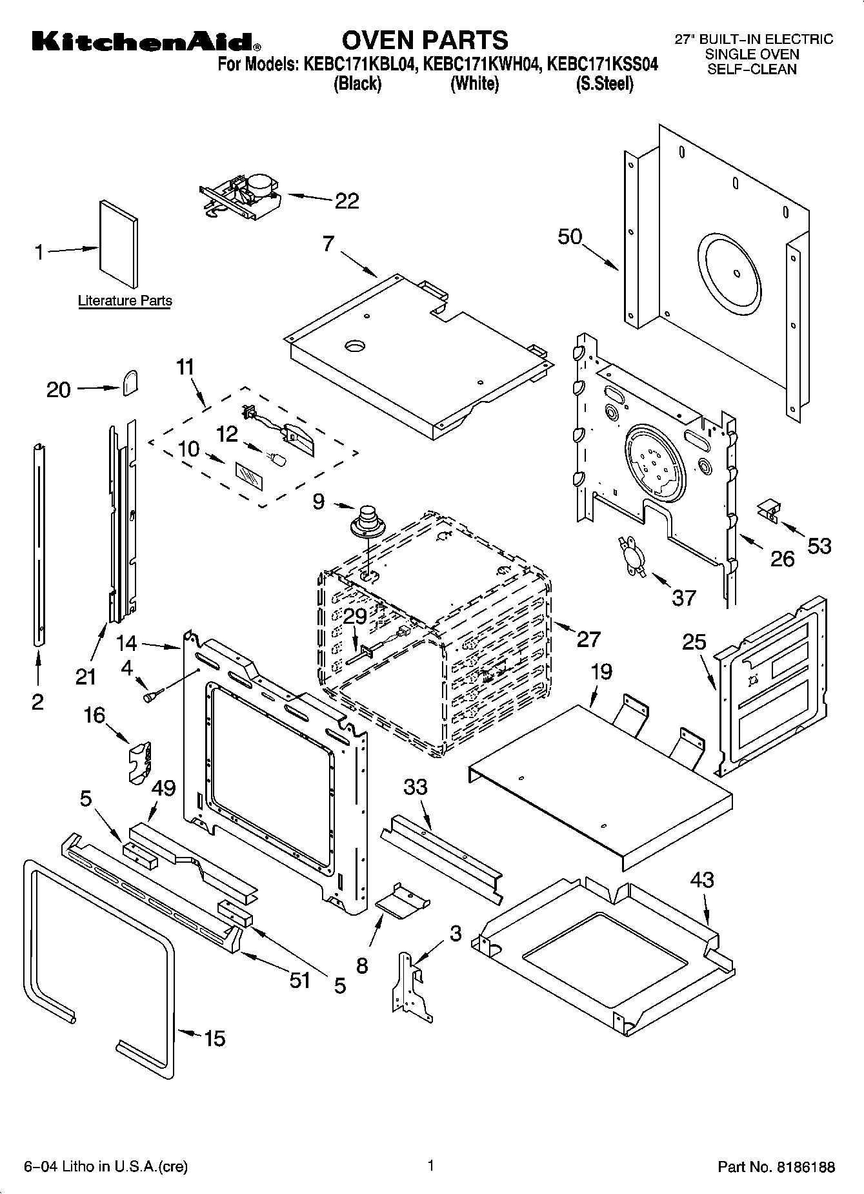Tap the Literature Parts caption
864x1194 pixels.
[x=125, y=301]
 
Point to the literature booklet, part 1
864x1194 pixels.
[x=118, y=243]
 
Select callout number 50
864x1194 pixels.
[x=570, y=237]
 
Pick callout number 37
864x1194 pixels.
[x=684, y=597]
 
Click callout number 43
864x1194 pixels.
[x=702, y=880]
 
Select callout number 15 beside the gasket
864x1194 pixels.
[x=215, y=1038]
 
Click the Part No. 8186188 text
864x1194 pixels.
[x=776, y=1167]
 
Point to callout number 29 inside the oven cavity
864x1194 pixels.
[x=355, y=616]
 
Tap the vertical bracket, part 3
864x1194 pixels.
[x=411, y=989]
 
